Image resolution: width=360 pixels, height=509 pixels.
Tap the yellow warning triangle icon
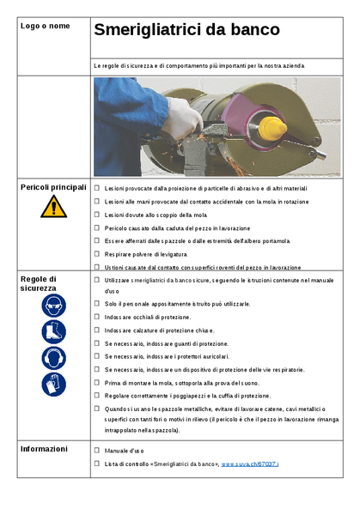click(53, 206)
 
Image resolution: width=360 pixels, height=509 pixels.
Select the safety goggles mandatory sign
click(53, 305)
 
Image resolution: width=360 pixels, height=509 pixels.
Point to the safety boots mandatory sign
click(53, 331)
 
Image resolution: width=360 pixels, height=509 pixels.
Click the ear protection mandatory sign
click(53, 357)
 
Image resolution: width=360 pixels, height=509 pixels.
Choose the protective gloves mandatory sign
click(53, 384)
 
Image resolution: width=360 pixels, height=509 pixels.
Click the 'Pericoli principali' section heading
click(53, 186)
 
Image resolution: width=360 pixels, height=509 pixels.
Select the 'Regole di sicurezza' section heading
click(40, 284)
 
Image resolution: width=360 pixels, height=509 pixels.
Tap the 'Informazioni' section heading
click(45, 448)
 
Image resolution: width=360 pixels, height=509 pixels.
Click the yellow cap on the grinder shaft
click(272, 129)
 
